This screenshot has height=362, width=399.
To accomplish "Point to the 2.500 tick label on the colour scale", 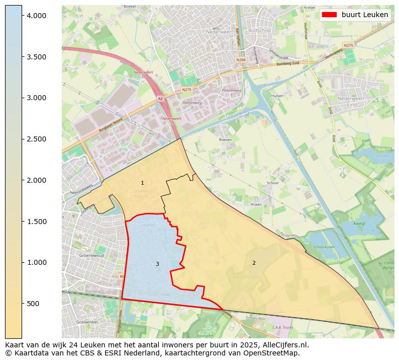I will coord(36,139).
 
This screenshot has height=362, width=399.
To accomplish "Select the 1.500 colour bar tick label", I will coord(36,222).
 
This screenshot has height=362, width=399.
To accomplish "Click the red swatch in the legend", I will coord(329,15).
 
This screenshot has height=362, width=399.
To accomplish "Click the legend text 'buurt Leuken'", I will coord(365,15).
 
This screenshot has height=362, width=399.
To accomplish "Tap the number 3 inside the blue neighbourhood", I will coord(157,264).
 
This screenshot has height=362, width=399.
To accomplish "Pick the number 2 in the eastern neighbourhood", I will coord(254,263).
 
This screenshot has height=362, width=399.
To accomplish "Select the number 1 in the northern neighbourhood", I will coord(142,183).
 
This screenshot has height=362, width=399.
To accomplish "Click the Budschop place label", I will coord(259,30).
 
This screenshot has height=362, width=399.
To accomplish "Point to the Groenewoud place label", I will coord(91,256).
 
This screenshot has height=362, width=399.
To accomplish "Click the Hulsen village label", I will coord(277,96).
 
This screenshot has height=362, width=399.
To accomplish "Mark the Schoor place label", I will coord(273,183).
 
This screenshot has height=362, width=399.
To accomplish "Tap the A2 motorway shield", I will coord(160,99).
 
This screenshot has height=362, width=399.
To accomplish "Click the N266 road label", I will coord(241,59).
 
